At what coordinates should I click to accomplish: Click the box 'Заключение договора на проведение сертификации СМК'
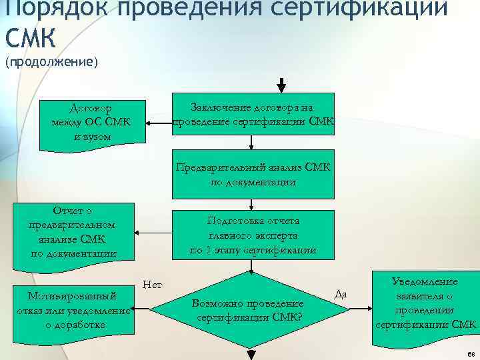253,114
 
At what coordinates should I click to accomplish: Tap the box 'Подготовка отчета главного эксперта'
253,235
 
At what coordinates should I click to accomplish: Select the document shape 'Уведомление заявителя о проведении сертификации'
425,304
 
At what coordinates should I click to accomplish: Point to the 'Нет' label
152,285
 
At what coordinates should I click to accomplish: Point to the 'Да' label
339,294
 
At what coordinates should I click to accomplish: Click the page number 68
471,353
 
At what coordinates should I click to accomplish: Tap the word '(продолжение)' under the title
51,62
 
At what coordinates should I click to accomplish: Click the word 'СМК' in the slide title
29,37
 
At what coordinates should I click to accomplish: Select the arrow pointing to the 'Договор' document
159,123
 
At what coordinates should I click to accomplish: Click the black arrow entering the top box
282,85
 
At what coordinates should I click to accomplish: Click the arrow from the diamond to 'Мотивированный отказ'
141,309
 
